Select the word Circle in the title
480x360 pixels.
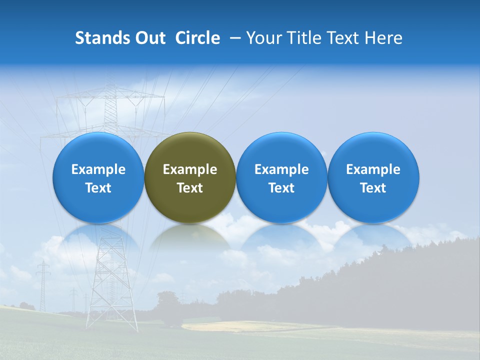click(197, 38)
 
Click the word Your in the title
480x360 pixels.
click(262, 38)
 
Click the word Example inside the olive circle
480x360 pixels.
click(190, 169)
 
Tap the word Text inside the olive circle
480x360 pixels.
click(190, 188)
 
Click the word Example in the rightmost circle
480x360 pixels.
click(373, 169)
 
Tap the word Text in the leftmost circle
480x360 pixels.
click(98, 188)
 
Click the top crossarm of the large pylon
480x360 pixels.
click(110, 95)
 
